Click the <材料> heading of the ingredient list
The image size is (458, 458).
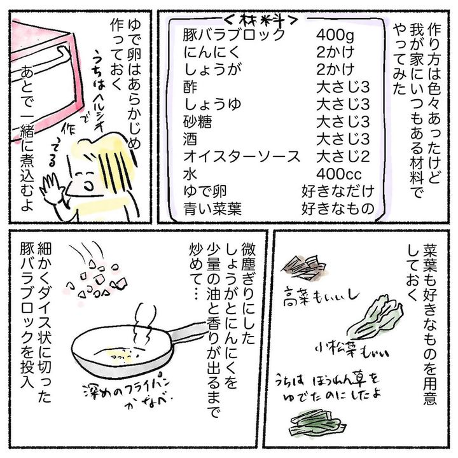261,20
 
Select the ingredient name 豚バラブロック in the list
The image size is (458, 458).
233,35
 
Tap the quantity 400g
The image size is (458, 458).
335,36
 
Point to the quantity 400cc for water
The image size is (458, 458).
339,174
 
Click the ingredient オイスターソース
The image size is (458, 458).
242,157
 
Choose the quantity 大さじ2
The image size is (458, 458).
343,157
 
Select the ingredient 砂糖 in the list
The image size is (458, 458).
197,122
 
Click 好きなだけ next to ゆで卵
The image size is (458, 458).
338,191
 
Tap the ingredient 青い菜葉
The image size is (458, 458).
212,209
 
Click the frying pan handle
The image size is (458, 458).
187,332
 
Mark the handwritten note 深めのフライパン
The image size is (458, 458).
126,387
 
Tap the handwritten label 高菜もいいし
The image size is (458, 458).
321,296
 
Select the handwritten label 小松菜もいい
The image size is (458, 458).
352,350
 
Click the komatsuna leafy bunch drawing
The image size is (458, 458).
376,318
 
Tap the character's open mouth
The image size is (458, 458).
88,185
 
